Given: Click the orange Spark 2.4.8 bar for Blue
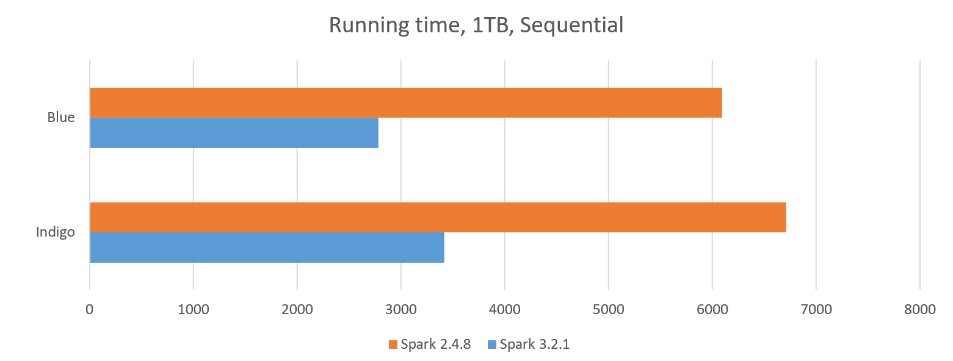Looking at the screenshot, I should (x=406, y=102).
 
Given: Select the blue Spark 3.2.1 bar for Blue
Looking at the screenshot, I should (x=234, y=133).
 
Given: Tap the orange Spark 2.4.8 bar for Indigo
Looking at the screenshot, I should (x=438, y=217).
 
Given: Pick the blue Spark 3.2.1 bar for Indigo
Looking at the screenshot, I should (x=267, y=248).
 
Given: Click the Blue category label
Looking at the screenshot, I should (x=61, y=118).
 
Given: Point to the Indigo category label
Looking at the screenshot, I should (x=56, y=232).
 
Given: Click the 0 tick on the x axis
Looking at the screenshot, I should (x=90, y=309).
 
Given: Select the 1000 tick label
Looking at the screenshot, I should (x=194, y=309).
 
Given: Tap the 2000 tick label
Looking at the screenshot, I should (x=297, y=309).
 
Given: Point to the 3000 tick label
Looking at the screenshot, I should (x=401, y=309).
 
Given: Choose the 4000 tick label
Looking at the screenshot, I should (x=505, y=309).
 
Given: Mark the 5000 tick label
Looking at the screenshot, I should (x=609, y=309).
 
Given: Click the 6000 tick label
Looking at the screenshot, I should (x=712, y=309).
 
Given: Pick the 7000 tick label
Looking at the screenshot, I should (x=816, y=309).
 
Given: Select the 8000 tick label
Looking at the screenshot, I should (x=920, y=309).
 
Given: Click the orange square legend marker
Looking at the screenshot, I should (x=393, y=345).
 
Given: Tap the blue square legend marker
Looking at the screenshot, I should (x=492, y=345).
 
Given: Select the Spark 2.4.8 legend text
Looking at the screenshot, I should (x=435, y=345).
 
